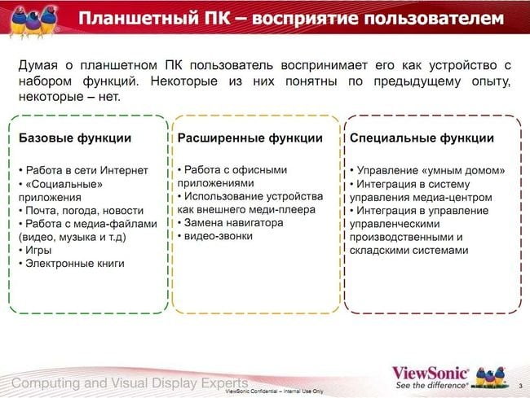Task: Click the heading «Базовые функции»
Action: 75,138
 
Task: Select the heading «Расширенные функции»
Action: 250,138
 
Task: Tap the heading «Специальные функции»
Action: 422,138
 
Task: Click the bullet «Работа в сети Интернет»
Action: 83,170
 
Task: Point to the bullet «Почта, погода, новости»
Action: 81,211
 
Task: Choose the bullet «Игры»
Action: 36,250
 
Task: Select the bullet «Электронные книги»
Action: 72,264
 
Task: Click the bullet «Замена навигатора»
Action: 231,223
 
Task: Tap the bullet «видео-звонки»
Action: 215,236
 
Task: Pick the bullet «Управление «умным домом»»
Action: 427,170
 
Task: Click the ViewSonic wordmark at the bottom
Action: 430,374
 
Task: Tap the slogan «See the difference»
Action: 431,385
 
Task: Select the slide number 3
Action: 520,386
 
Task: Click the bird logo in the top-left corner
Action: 33,20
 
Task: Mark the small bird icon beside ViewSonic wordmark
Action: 490,377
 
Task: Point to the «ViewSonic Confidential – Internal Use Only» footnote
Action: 274,391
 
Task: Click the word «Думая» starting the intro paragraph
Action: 38,65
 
